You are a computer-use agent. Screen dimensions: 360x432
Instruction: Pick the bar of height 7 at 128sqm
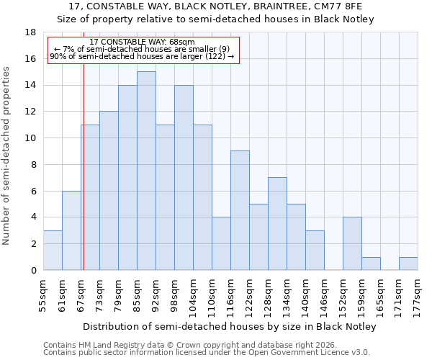pyautogui.click(x=277, y=223)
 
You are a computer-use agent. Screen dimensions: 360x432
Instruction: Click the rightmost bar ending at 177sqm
pyautogui.click(x=408, y=264)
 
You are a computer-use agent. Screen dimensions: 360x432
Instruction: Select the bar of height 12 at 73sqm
pyautogui.click(x=109, y=191)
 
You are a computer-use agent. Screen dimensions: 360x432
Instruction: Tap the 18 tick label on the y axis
pyautogui.click(x=30, y=32)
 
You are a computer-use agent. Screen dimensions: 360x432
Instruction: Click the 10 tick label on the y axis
pyautogui.click(x=30, y=138)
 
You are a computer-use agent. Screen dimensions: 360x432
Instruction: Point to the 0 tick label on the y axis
pyautogui.click(x=33, y=270)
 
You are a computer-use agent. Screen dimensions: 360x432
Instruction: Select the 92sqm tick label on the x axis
pyautogui.click(x=156, y=294)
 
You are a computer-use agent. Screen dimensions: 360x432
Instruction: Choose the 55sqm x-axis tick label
pyautogui.click(x=43, y=294)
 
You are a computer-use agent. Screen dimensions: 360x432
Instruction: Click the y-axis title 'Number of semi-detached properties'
pyautogui.click(x=6, y=156)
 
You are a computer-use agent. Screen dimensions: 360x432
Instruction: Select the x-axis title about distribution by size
pyautogui.click(x=230, y=326)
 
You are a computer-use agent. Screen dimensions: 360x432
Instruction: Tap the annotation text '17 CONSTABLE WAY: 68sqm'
pyautogui.click(x=142, y=42)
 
